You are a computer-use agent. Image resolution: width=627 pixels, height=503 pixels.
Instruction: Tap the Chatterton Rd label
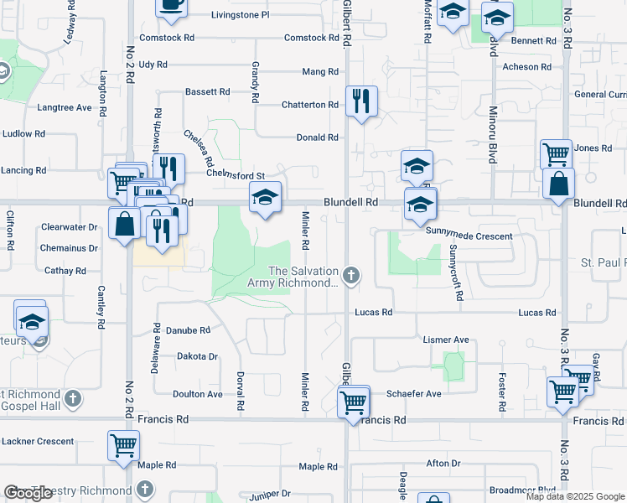pos(310,105)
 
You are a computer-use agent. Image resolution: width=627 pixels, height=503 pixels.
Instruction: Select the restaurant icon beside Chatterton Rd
pos(361,101)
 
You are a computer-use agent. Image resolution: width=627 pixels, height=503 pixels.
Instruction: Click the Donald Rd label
pos(317,137)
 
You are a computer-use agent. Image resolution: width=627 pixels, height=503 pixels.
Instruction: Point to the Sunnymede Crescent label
pos(469,236)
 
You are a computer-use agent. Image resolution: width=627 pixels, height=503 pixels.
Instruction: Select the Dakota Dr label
pos(197,356)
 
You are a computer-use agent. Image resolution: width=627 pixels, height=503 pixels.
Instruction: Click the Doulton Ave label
pos(198,394)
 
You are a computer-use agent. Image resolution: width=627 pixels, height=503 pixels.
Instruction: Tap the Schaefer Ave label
pos(413,394)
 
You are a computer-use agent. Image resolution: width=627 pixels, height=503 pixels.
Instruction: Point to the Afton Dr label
pos(443,464)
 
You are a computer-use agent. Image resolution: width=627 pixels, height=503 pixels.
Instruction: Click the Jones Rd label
pos(593,148)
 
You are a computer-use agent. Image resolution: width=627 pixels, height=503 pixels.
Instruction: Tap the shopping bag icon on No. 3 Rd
pos(558,183)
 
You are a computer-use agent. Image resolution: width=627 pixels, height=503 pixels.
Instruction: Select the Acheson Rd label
pos(525,67)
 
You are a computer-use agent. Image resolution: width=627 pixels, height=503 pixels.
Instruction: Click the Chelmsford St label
pos(236,175)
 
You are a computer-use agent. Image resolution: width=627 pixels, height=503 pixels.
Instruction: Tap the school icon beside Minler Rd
pos(265,199)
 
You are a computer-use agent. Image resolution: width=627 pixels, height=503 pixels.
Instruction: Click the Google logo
pos(28,494)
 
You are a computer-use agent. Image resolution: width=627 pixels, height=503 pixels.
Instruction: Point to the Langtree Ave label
pos(64,107)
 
